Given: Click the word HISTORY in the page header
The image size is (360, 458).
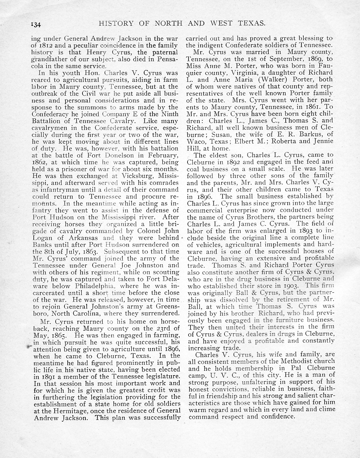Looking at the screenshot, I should (x=116, y=23).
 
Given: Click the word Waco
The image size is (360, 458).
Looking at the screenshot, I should (x=196, y=141).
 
